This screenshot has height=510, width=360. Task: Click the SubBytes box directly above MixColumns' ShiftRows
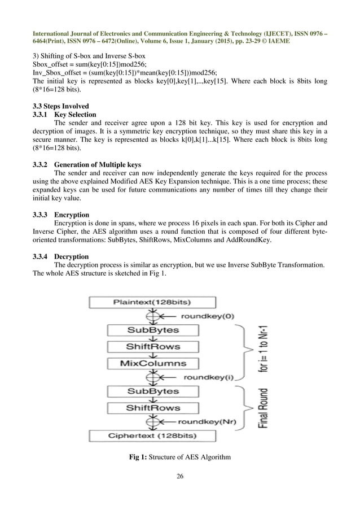[153, 330]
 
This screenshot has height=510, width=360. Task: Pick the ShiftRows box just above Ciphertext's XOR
[153, 407]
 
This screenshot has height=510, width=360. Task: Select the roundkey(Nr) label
[208, 421]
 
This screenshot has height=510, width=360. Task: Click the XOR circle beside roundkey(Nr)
[152, 421]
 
